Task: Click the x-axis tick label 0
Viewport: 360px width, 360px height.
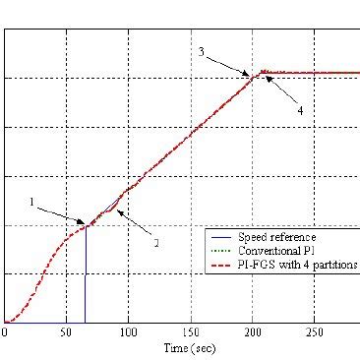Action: click(x=5, y=333)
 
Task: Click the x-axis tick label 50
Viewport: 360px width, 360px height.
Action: click(x=66, y=333)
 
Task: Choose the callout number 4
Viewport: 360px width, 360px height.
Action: click(x=300, y=110)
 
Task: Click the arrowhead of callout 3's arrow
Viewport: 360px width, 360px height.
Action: click(x=250, y=74)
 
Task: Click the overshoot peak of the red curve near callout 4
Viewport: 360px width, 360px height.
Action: click(x=263, y=71)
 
